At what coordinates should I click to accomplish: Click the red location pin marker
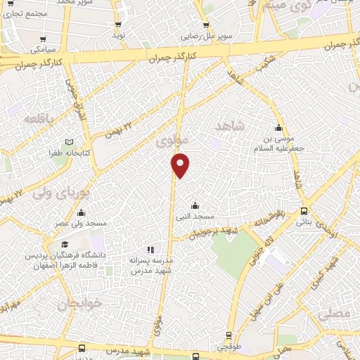click(x=181, y=165)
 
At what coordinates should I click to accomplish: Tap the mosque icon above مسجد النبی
click(x=195, y=206)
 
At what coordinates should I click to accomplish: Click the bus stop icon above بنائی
click(x=303, y=211)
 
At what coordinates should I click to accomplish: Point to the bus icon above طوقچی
click(x=229, y=336)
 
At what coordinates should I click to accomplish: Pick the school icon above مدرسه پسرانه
click(x=150, y=250)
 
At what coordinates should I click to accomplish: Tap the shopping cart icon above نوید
click(x=118, y=23)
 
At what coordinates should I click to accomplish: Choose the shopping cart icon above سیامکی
click(x=44, y=39)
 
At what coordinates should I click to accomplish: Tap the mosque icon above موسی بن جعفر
click(x=280, y=129)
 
